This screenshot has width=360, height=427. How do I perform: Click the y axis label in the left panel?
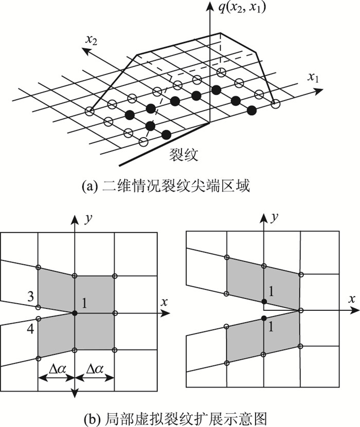[87, 218]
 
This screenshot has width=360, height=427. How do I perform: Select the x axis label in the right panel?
[352, 299]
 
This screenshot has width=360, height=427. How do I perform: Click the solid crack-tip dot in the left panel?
[75, 313]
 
